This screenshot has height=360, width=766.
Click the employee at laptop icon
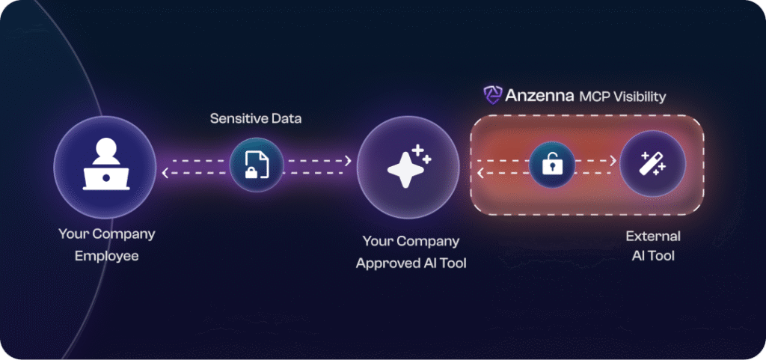click(105, 166)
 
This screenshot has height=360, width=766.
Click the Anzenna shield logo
click(491, 95)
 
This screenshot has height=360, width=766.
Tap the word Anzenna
click(539, 96)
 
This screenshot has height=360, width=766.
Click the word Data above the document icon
click(288, 119)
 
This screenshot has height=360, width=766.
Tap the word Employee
click(107, 255)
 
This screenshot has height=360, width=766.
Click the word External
click(653, 236)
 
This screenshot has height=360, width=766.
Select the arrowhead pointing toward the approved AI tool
click(348, 160)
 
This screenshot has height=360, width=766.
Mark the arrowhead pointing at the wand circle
click(613, 160)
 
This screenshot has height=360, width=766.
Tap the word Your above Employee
click(74, 234)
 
